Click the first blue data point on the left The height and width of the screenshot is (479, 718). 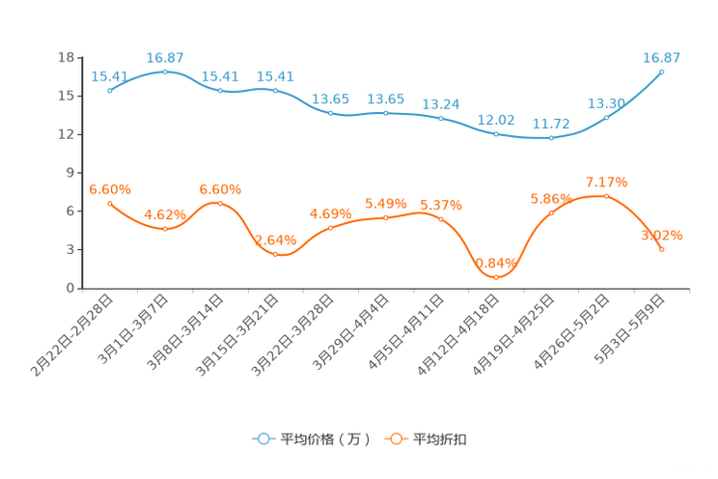tap(110, 90)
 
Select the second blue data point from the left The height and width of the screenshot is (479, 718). tap(165, 70)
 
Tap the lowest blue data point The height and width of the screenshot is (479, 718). tap(551, 138)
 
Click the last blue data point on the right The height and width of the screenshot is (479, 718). tap(662, 70)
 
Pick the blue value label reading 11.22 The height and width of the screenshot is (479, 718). tap(551, 125)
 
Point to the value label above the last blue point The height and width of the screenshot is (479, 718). tap(662, 57)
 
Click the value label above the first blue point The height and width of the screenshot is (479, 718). tap(109, 75)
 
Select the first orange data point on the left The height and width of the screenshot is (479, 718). tap(110, 203)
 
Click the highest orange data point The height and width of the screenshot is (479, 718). tap(606, 195)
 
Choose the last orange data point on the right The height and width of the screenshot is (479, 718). tap(662, 250)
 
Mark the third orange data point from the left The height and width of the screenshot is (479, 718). tap(220, 203)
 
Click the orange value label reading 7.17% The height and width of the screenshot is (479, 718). tap(607, 181)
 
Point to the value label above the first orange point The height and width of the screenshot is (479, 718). tap(109, 189)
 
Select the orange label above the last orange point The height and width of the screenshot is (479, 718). tap(662, 235)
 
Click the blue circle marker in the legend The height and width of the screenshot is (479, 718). tap(262, 438)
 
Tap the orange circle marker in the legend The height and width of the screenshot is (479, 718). tap(396, 438)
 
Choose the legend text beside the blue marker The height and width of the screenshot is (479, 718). tap(324, 439)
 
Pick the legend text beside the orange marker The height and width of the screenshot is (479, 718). tap(441, 439)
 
